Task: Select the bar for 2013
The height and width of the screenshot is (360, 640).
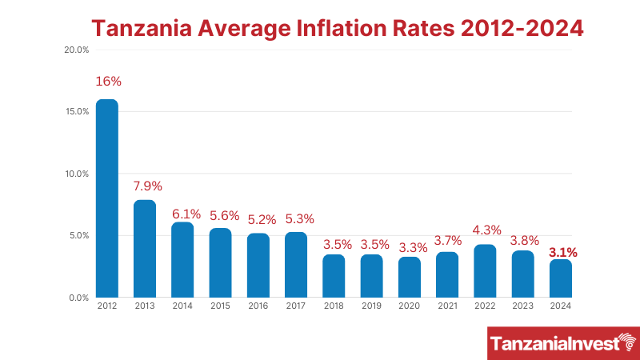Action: click(x=145, y=249)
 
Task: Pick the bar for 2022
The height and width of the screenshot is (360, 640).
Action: click(x=486, y=271)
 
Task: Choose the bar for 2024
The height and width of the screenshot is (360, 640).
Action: click(x=562, y=278)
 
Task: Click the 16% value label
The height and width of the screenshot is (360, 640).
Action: click(x=108, y=82)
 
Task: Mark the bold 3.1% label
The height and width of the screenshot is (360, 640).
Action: click(x=562, y=252)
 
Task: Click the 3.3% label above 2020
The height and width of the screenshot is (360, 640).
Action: click(x=410, y=246)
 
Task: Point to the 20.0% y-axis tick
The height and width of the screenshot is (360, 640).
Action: click(x=76, y=50)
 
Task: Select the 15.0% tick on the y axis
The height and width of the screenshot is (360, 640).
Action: click(x=76, y=111)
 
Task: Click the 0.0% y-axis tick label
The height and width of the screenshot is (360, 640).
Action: click(x=78, y=298)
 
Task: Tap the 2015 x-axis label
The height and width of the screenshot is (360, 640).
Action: click(x=220, y=306)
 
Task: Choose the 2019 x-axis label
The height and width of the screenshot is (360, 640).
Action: click(x=372, y=306)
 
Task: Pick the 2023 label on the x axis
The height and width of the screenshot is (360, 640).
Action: click(x=523, y=306)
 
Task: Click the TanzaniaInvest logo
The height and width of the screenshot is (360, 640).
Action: click(x=563, y=343)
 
